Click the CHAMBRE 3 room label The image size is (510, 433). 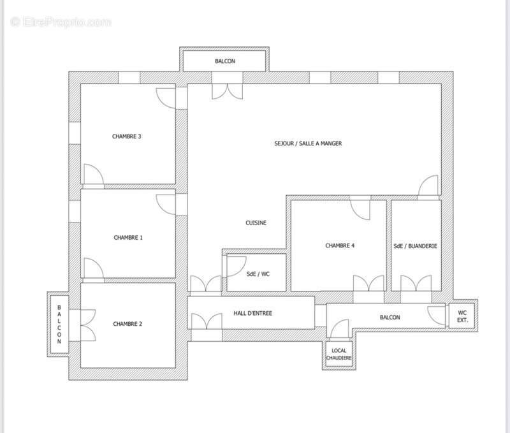(x=126, y=136)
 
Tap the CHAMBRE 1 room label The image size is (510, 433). (x=128, y=237)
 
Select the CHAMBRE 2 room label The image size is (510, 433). (x=127, y=324)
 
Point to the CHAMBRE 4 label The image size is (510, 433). (x=340, y=246)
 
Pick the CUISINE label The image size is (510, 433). (x=256, y=223)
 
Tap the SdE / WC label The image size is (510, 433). (x=258, y=274)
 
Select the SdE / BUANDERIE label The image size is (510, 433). (x=416, y=246)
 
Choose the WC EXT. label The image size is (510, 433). (x=462, y=316)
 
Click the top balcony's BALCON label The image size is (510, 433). (x=224, y=61)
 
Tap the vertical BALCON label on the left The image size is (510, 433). (x=59, y=324)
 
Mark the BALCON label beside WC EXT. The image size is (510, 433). (x=390, y=317)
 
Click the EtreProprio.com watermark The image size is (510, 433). (x=61, y=22)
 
